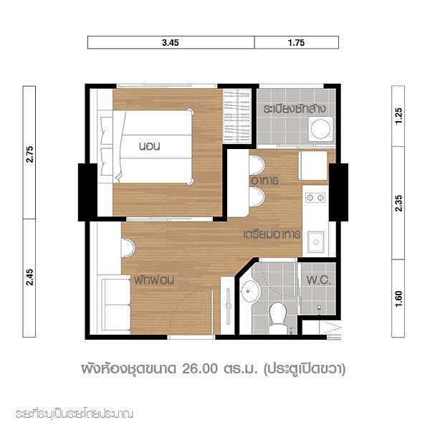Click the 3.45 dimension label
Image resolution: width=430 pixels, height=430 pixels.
tap(171, 43)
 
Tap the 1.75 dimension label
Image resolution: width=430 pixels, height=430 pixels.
tap(296, 43)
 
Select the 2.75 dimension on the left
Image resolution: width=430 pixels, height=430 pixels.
tap(29, 154)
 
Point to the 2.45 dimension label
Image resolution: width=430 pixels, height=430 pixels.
tap(29, 277)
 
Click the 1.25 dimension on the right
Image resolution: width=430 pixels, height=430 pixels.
tap(398, 116)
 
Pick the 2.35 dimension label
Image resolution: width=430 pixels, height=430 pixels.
tap(398, 204)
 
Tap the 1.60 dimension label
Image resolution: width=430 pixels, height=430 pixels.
tap(398, 299)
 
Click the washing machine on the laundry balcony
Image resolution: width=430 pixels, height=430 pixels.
tap(320, 129)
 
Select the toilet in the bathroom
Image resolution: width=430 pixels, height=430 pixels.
tap(278, 317)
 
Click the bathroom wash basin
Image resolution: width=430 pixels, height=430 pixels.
tap(251, 292)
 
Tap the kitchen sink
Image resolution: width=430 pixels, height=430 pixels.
tap(315, 242)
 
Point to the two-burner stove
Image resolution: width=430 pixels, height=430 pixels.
tap(315, 197)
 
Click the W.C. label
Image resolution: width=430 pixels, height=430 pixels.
tap(318, 280)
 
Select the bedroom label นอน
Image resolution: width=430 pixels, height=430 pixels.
tap(150, 146)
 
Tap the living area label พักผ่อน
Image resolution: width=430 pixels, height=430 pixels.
tap(154, 280)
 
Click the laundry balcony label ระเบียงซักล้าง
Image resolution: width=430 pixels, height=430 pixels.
tap(295, 109)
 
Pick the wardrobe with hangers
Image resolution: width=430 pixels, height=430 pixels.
tap(237, 116)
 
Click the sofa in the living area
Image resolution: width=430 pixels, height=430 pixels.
tap(115, 305)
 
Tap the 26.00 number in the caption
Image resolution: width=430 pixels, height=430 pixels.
tap(200, 369)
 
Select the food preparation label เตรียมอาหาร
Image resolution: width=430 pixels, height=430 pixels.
tap(272, 235)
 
